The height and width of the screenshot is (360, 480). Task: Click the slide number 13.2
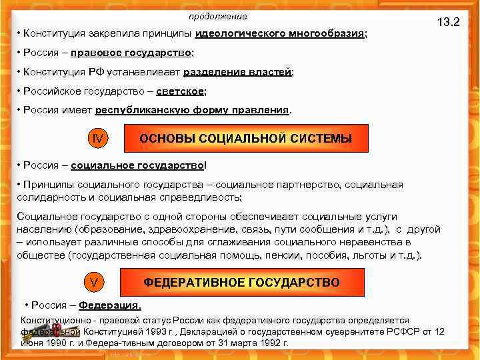coord(448,21)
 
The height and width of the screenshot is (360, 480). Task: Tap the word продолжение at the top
coord(217,15)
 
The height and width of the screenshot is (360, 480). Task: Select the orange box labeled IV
coord(97,139)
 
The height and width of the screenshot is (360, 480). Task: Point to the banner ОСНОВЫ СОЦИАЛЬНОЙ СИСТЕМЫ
coord(245,139)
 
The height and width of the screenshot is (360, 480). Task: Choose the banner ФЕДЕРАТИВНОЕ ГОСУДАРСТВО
coord(241,282)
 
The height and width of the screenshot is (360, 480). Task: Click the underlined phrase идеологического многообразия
coord(280,33)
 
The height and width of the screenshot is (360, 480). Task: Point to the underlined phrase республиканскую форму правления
coord(193,109)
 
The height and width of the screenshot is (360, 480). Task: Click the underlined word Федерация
coord(109,305)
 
